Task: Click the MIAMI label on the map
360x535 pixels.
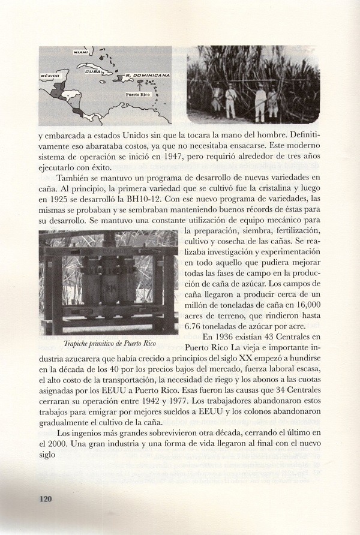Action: pos(80,53)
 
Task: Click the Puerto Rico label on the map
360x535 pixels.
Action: pos(138,95)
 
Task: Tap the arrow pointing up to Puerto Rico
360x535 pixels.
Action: pos(138,86)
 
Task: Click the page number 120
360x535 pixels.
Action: pos(47,498)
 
